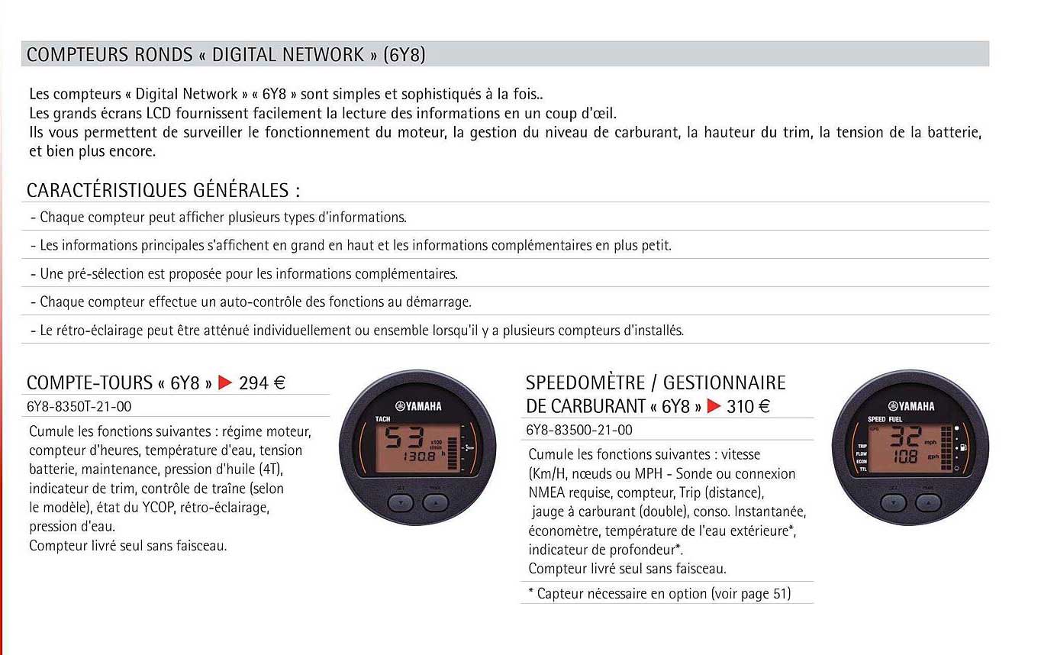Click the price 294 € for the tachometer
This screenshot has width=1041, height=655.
(x=262, y=383)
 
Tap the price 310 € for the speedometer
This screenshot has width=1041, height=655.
(x=749, y=406)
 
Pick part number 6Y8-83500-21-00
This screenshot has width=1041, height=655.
(x=579, y=430)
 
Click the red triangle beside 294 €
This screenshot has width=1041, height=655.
(x=224, y=383)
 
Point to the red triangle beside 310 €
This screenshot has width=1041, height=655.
(x=714, y=406)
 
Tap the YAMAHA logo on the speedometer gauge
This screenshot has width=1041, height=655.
(x=911, y=406)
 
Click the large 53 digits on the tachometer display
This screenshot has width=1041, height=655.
(x=407, y=439)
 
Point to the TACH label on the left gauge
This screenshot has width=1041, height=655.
(x=383, y=419)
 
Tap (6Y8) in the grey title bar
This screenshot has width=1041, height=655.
(x=404, y=55)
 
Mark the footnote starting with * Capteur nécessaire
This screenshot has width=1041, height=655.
(x=659, y=593)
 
